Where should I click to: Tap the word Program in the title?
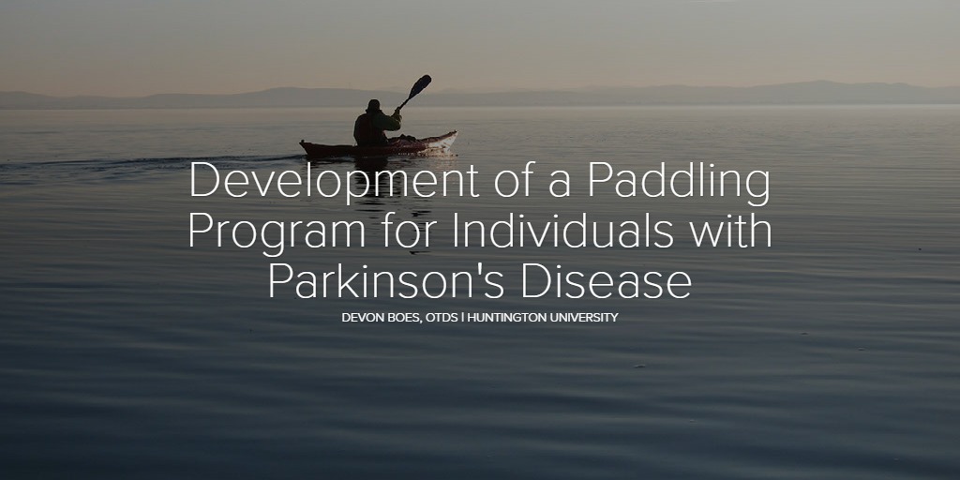click(x=277, y=232)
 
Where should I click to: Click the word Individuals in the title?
click(x=562, y=231)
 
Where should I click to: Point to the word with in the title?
click(x=729, y=231)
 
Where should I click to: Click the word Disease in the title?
click(x=607, y=280)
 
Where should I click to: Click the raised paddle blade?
click(x=419, y=85)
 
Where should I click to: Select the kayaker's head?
click(x=373, y=105)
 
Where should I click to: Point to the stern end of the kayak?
click(x=302, y=145)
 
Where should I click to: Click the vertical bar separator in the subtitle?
click(x=463, y=317)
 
